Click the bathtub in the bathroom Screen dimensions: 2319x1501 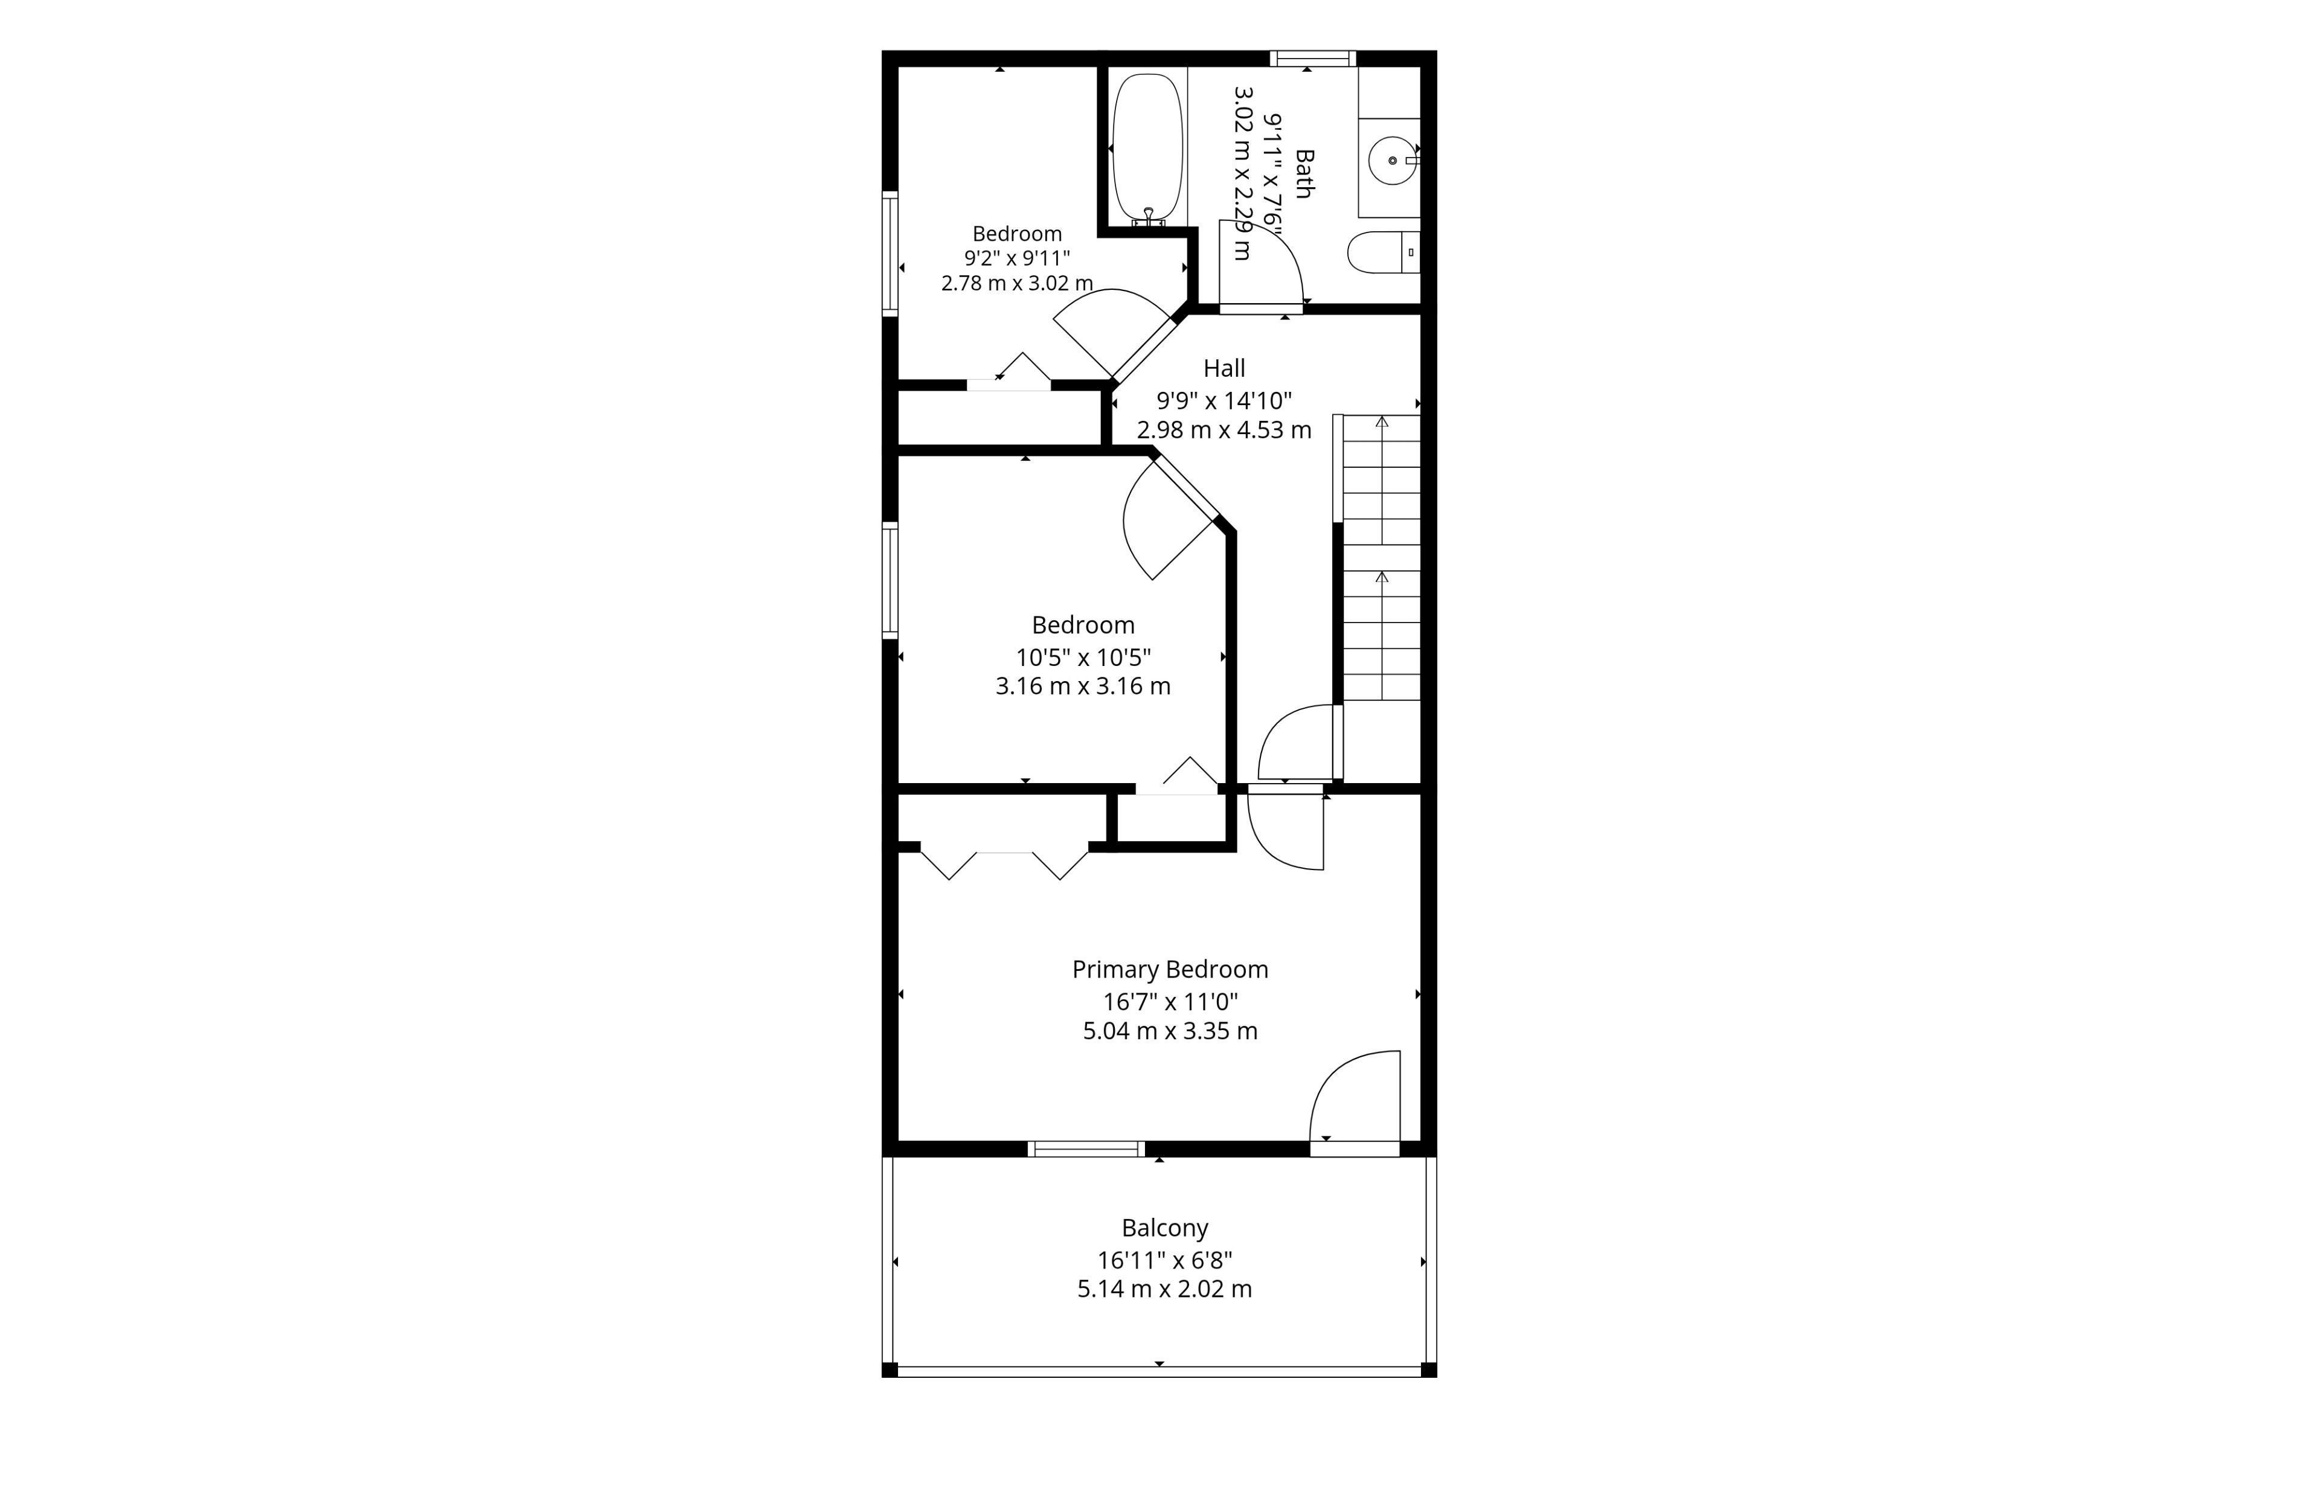coord(1148,148)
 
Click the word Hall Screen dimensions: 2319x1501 coord(1224,368)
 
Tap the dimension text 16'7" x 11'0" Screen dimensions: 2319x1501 coord(1170,1001)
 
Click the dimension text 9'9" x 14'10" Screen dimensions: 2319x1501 coord(1224,399)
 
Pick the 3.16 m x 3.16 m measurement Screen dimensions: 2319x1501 coord(1083,686)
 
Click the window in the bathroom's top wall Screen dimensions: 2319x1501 coord(1312,59)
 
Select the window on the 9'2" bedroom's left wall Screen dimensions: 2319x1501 coord(890,253)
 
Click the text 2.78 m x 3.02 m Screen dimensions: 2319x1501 coord(1017,283)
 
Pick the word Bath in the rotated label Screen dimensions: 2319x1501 coord(1304,173)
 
